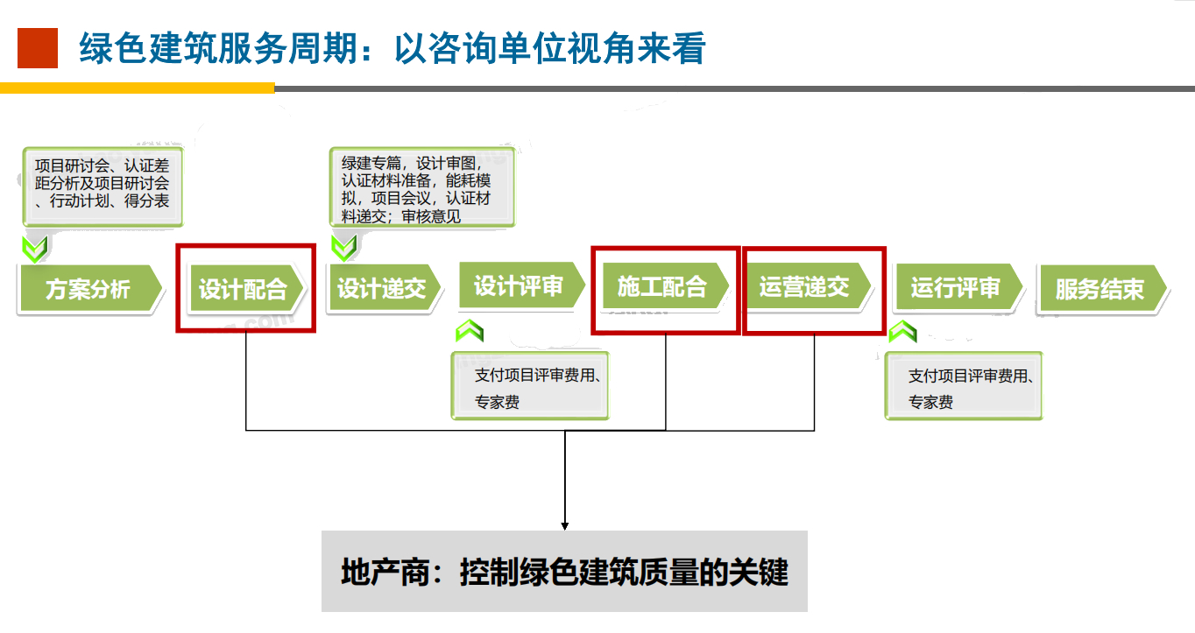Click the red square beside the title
[x=38, y=48]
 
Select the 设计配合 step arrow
[x=246, y=289]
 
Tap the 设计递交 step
[x=384, y=287]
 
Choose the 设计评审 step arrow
[x=520, y=285]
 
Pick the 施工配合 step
[x=665, y=285]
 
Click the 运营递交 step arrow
[x=808, y=285]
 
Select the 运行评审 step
[x=958, y=287]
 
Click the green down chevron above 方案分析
[x=35, y=249]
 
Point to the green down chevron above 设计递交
[x=343, y=248]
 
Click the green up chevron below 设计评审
[x=470, y=331]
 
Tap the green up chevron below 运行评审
[x=902, y=332]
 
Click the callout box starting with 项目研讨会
[x=103, y=186]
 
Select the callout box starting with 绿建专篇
[x=422, y=186]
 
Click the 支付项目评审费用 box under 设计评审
[x=530, y=385]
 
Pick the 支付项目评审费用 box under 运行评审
[x=964, y=385]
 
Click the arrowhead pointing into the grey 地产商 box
[x=565, y=526]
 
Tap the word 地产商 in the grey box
[x=385, y=573]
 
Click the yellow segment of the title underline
[x=137, y=88]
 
